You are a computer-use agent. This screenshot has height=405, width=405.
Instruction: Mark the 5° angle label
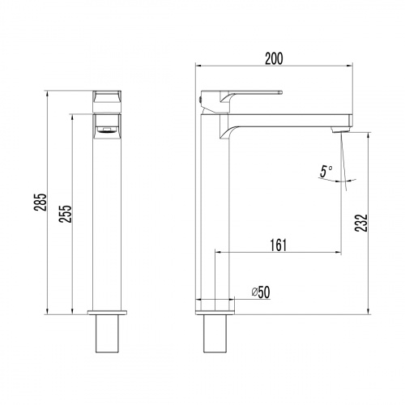pyautogui.click(x=325, y=171)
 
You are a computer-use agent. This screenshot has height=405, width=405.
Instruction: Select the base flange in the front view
pyautogui.click(x=108, y=312)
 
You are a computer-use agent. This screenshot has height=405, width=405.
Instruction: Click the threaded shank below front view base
pyautogui.click(x=108, y=334)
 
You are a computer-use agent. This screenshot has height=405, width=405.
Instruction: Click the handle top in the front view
pyautogui.click(x=108, y=98)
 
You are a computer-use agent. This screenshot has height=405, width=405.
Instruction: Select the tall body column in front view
pyautogui.click(x=108, y=219)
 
